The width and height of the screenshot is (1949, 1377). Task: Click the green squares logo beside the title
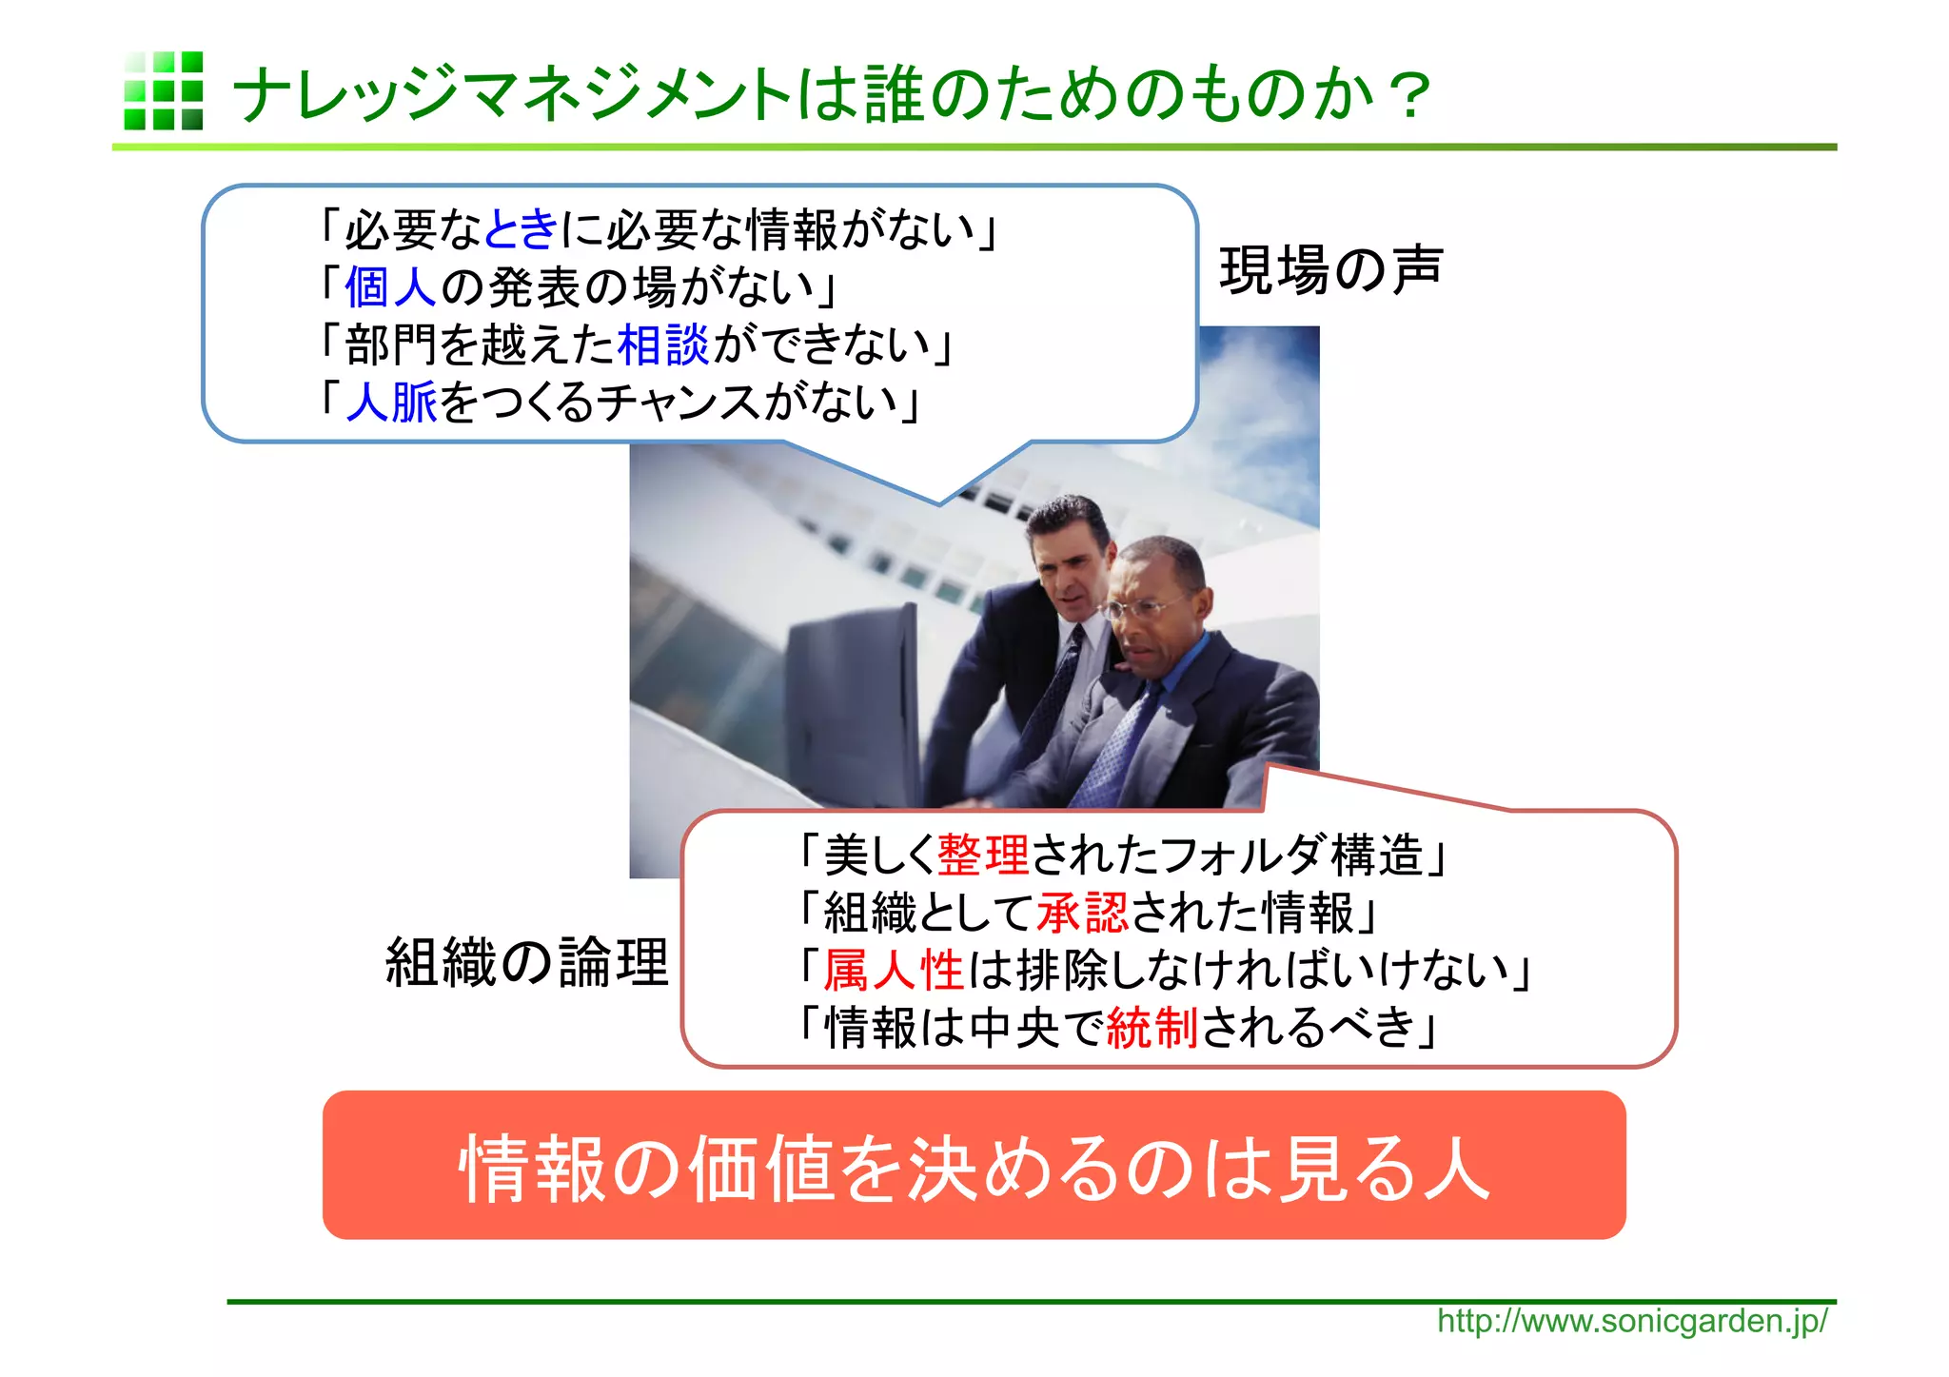pos(163,90)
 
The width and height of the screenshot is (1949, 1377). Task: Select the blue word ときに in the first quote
pos(521,229)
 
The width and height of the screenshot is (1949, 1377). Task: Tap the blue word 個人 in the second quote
pos(390,286)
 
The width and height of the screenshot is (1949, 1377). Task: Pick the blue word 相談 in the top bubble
pos(663,344)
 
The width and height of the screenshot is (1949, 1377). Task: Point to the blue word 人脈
pos(391,402)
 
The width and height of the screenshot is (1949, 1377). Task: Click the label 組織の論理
pos(527,961)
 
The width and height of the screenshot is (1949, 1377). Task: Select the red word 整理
pos(982,855)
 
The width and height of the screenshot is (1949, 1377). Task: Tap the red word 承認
pos(1081,913)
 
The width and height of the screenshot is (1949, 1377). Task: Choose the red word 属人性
pos(894,971)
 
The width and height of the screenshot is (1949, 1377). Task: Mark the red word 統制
pos(1152,1028)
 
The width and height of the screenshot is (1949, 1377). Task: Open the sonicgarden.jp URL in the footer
pos(1631,1322)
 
